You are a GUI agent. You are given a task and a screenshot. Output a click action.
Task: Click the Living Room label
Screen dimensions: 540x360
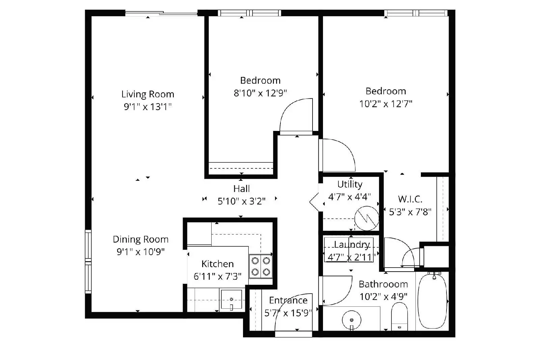click(147, 94)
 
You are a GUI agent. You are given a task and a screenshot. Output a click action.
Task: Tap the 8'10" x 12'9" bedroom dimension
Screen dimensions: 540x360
click(260, 93)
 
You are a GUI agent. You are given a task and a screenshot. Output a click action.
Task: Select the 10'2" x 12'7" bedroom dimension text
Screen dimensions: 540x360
click(386, 104)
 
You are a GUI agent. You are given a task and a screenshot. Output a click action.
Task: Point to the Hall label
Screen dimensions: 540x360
click(241, 188)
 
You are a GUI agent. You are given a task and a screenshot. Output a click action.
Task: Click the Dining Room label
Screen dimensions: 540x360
click(140, 239)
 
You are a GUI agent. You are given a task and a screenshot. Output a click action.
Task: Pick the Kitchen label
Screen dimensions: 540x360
click(217, 264)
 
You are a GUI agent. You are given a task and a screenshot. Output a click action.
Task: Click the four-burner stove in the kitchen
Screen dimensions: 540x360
click(261, 266)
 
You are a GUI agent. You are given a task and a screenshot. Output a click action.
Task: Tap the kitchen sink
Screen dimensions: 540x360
click(232, 299)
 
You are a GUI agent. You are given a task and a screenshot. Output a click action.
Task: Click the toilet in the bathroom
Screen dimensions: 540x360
click(400, 316)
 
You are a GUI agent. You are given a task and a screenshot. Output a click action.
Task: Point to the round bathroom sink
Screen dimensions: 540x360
click(351, 320)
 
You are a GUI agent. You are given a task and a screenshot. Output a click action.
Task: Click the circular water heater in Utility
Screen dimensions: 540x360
click(367, 218)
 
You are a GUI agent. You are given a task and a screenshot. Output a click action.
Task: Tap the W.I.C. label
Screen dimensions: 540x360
click(410, 199)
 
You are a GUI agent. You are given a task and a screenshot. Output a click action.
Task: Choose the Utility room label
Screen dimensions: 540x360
click(350, 185)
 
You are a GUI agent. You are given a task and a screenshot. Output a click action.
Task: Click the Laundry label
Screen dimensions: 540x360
click(352, 245)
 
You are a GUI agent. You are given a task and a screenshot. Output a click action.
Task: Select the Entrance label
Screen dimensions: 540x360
click(288, 300)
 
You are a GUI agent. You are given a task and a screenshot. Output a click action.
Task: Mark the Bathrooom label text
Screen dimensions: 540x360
click(383, 284)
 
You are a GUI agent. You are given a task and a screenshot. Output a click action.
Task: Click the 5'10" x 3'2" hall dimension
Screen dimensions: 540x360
click(241, 201)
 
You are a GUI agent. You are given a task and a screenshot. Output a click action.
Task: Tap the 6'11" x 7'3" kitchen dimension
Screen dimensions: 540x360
click(217, 276)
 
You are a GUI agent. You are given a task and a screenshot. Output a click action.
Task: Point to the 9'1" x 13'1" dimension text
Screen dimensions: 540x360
click(147, 107)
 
